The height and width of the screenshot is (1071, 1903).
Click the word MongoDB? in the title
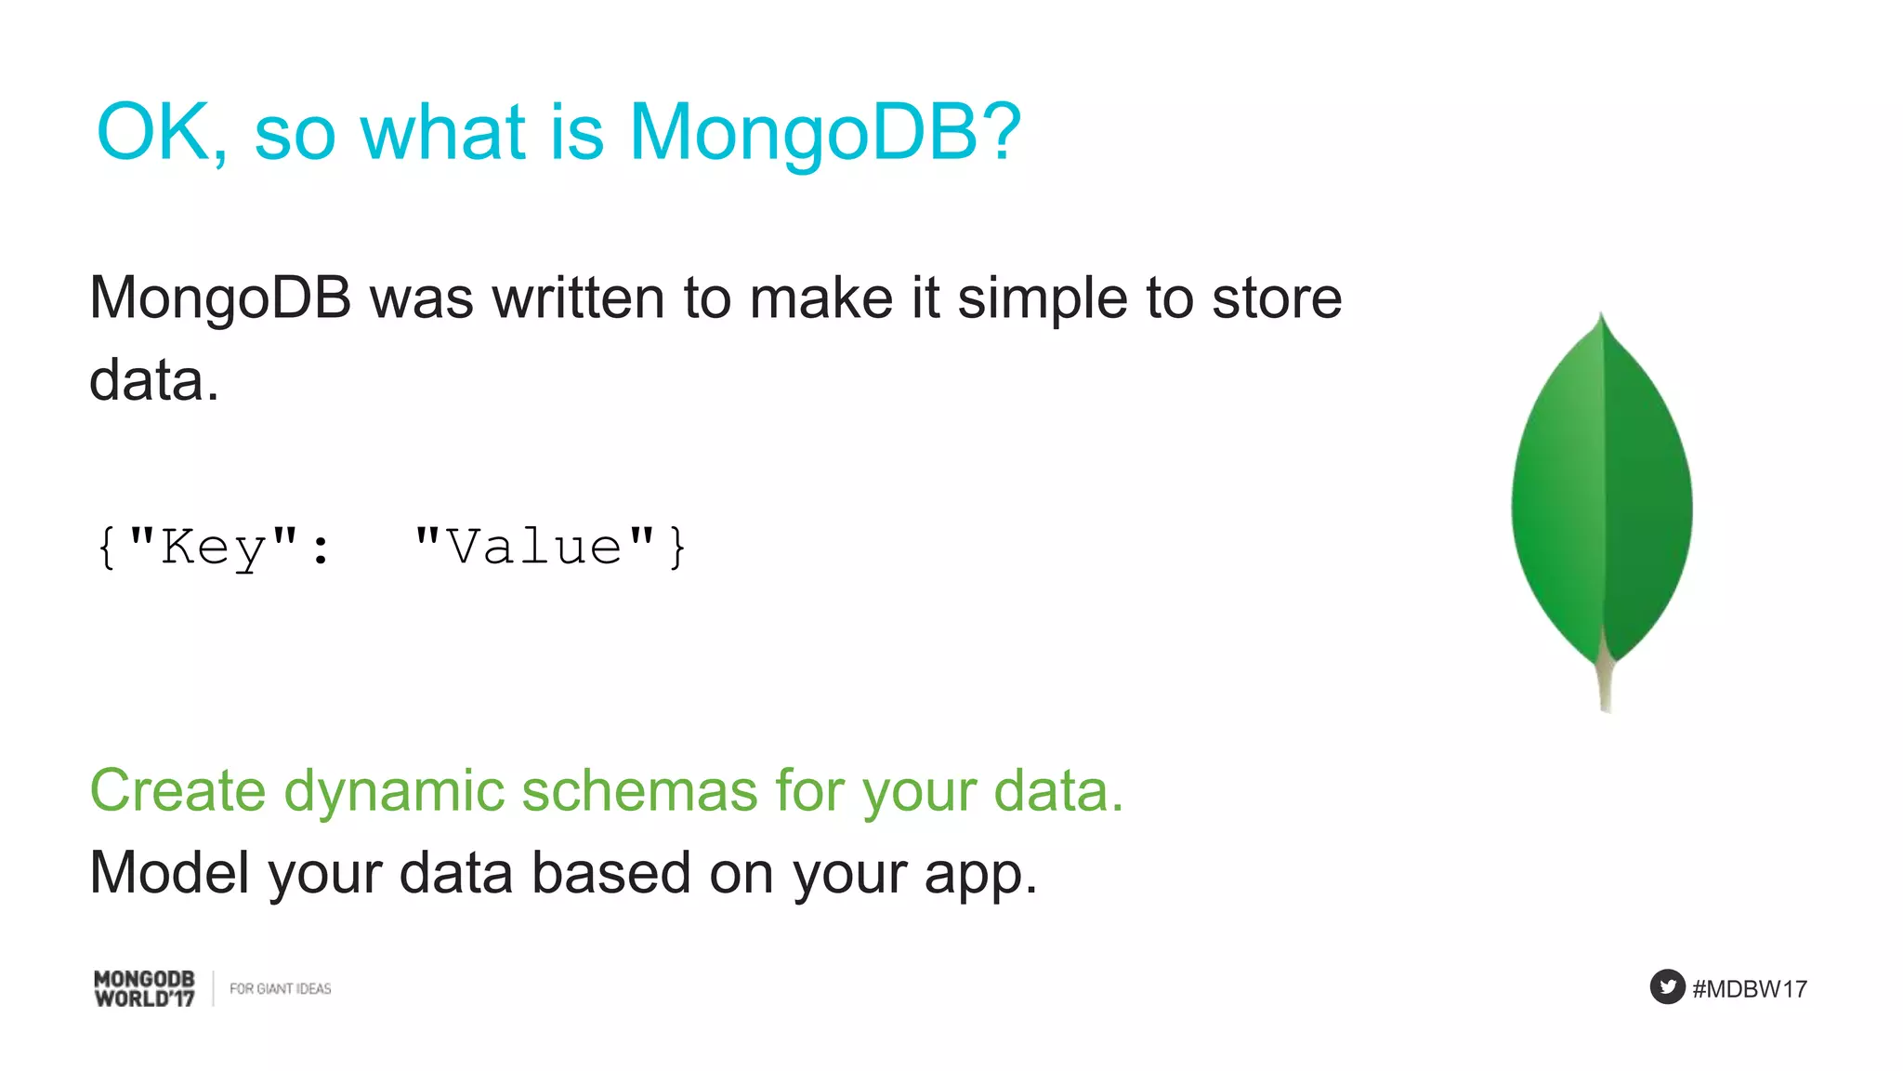pyautogui.click(x=825, y=133)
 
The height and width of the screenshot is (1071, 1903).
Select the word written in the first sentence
pyautogui.click(x=578, y=298)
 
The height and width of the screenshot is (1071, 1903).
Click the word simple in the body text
pyautogui.click(x=1043, y=298)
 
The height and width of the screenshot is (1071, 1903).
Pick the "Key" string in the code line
pyautogui.click(x=214, y=547)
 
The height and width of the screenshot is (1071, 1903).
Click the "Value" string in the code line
pyautogui.click(x=535, y=547)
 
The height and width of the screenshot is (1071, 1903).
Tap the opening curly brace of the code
pyautogui.click(x=107, y=547)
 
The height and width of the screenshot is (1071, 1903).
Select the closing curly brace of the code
pyautogui.click(x=677, y=547)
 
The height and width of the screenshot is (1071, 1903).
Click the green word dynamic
pyautogui.click(x=394, y=791)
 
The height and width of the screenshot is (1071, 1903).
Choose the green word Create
pyautogui.click(x=178, y=791)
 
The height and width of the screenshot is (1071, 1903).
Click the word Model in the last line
pyautogui.click(x=169, y=873)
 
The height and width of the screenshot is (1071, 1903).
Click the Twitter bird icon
pyautogui.click(x=1667, y=986)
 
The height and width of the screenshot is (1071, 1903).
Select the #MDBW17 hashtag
pyautogui.click(x=1750, y=989)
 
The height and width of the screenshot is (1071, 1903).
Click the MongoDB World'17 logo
pyautogui.click(x=145, y=988)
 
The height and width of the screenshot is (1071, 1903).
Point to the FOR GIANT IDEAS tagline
pyautogui.click(x=280, y=989)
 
